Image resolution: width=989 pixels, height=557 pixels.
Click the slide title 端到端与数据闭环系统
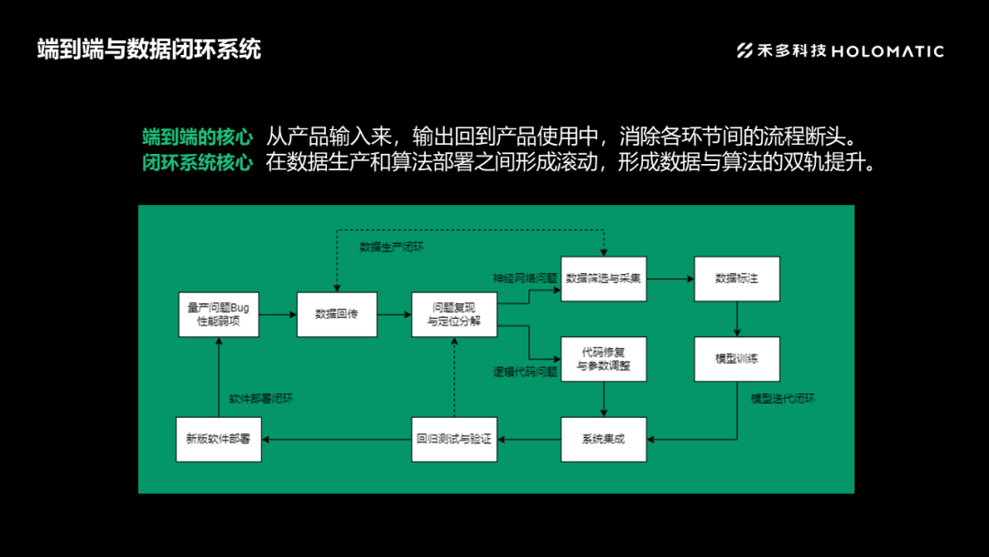coord(149,49)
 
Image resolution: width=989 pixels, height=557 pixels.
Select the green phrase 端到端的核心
coord(197,137)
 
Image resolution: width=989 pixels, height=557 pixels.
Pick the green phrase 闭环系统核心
coord(197,164)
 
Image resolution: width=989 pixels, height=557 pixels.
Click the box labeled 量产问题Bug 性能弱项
coord(218,314)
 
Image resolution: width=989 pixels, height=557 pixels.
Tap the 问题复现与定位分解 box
coord(454,314)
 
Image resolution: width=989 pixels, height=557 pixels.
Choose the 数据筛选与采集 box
coord(603,278)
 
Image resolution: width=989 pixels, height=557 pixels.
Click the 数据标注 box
coord(736,278)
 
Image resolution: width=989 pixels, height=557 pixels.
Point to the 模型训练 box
coord(736,358)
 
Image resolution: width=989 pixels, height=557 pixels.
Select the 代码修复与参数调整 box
coord(603,358)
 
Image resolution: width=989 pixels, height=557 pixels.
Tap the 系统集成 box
coord(603,439)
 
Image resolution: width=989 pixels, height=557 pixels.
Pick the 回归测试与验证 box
coord(454,439)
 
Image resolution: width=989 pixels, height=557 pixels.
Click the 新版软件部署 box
coord(218,439)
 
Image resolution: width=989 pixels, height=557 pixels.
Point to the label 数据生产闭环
coord(391,246)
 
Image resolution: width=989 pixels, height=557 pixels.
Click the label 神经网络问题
coord(525,278)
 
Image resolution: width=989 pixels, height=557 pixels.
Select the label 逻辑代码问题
coord(525,372)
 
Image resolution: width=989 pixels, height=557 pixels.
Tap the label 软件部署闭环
coord(261,399)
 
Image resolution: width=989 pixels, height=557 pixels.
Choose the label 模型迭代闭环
coord(783,399)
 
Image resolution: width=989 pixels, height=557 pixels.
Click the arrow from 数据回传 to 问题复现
coord(394,314)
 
